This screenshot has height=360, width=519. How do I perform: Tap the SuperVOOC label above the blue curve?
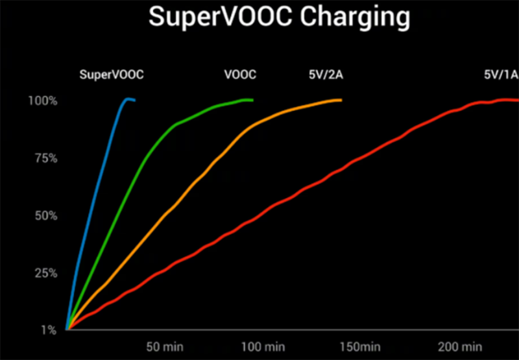click(111, 74)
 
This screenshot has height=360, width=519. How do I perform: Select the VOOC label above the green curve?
click(240, 74)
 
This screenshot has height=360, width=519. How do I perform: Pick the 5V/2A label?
click(326, 74)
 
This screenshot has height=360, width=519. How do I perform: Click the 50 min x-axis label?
click(165, 346)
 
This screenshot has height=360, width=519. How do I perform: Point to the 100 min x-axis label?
click(263, 346)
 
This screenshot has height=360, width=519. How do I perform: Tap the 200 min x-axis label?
click(459, 346)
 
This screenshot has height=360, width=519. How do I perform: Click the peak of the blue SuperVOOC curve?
click(127, 99)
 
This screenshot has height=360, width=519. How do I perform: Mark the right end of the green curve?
click(252, 100)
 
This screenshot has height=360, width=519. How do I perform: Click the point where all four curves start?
click(67, 329)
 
